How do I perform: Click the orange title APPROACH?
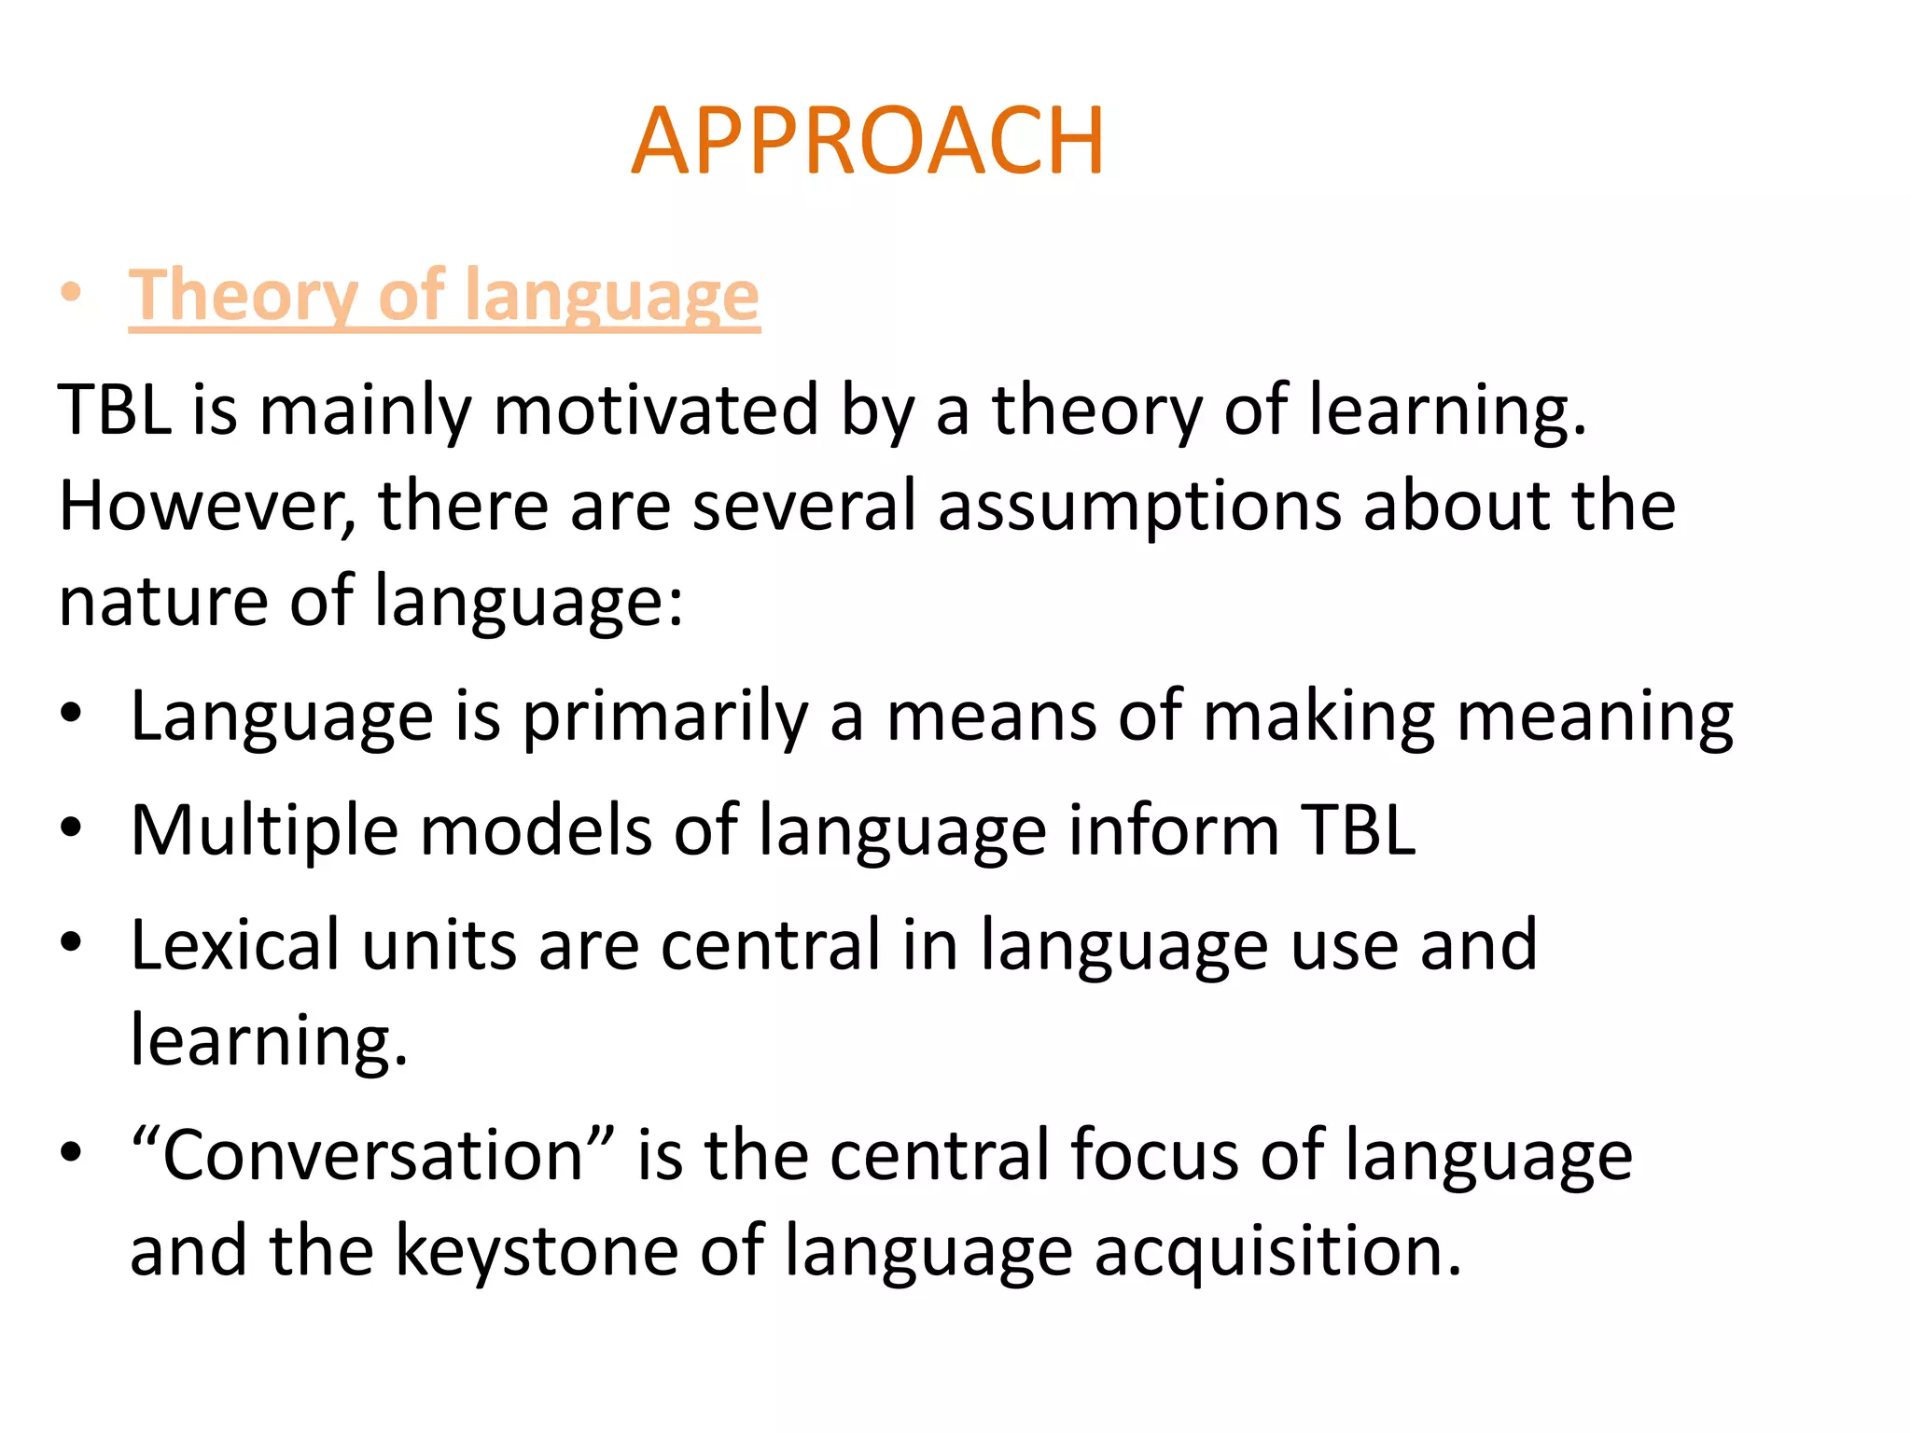point(868,142)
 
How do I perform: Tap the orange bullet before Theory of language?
point(72,294)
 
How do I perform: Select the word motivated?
point(656,410)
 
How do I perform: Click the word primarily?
point(665,717)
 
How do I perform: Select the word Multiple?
point(264,830)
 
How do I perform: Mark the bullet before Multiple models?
point(72,828)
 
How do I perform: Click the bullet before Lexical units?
point(72,943)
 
